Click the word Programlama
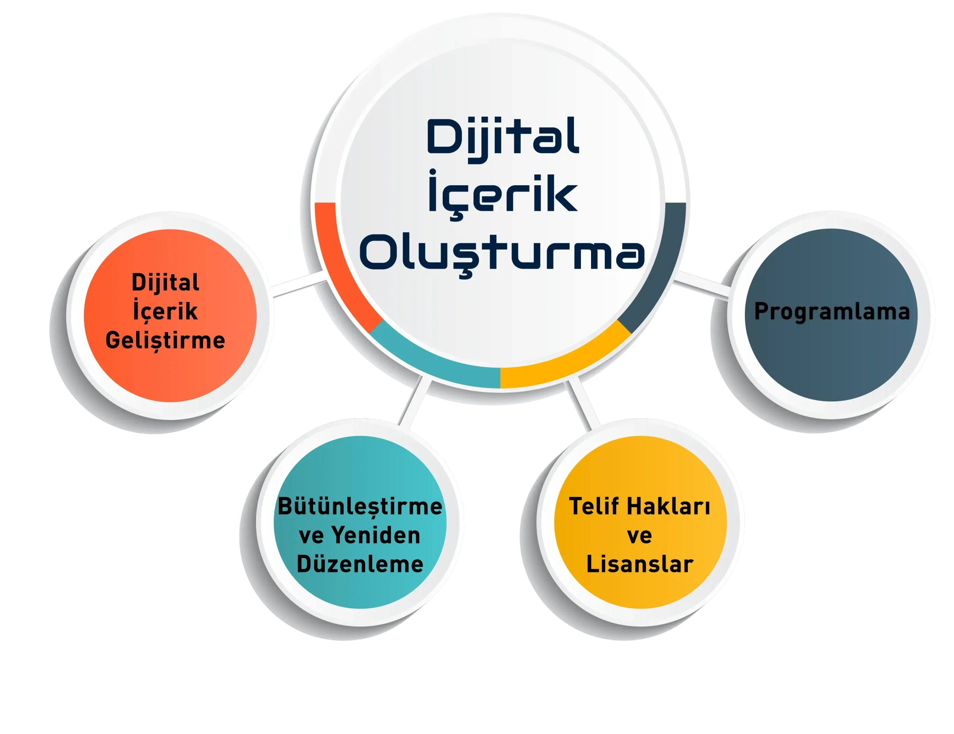(x=832, y=312)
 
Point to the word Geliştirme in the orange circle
(x=165, y=340)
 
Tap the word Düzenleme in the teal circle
(x=360, y=564)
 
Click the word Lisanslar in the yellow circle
(x=639, y=564)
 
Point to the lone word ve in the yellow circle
(x=639, y=536)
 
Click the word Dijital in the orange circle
(x=165, y=283)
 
